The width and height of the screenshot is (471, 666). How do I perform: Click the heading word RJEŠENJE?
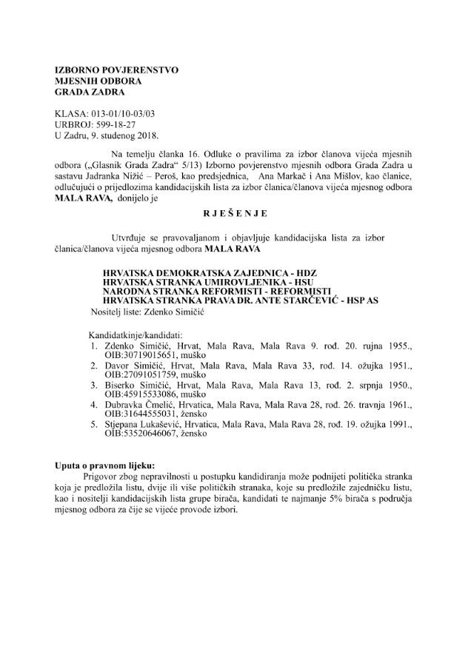tap(235, 215)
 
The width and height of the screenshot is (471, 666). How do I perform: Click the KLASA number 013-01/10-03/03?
tap(124, 115)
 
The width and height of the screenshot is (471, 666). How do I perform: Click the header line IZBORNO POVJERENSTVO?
tap(116, 70)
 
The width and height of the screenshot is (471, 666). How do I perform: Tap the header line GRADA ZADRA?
tap(90, 92)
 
